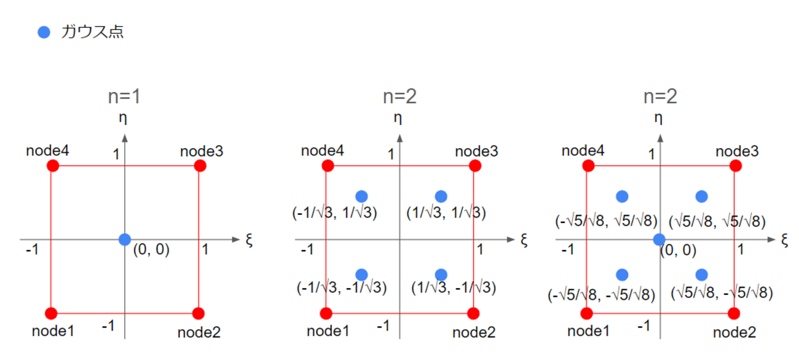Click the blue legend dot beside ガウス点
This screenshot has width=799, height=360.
tap(44, 33)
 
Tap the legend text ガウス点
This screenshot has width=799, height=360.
tap(92, 33)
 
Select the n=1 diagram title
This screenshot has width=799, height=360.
tap(125, 97)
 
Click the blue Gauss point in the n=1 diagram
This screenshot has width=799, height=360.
tap(125, 239)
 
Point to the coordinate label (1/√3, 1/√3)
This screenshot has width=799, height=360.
tap(446, 213)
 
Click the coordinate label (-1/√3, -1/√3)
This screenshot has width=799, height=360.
tap(342, 287)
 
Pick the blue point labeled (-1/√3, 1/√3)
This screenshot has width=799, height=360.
tap(361, 196)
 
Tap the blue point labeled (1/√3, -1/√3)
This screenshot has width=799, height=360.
tap(441, 274)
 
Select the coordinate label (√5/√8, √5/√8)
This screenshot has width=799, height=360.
tap(717, 220)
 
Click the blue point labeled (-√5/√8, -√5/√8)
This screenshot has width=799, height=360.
tap(622, 274)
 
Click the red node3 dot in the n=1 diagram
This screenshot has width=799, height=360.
tap(199, 165)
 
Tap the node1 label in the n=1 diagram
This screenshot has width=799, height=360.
tap(53, 331)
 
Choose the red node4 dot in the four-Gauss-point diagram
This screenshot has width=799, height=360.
tap(328, 165)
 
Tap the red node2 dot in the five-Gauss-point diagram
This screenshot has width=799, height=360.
tap(734, 313)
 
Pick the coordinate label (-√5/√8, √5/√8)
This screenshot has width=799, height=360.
tap(605, 220)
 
